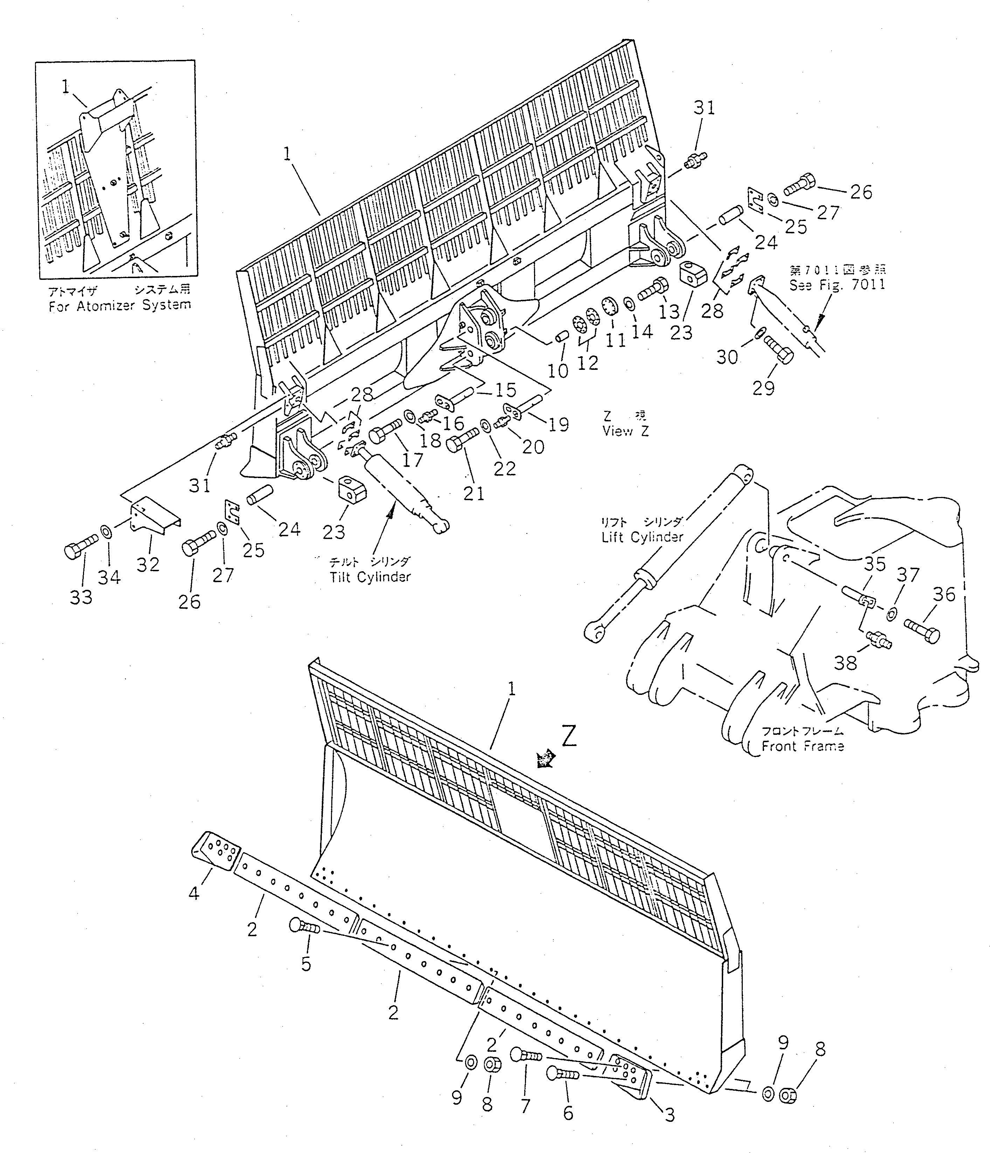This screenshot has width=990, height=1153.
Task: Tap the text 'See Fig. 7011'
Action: click(x=837, y=285)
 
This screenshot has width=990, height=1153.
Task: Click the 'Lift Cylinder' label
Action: click(x=642, y=537)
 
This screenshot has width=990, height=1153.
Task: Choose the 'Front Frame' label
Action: click(x=802, y=746)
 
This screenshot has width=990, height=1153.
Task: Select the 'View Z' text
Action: click(x=625, y=431)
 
